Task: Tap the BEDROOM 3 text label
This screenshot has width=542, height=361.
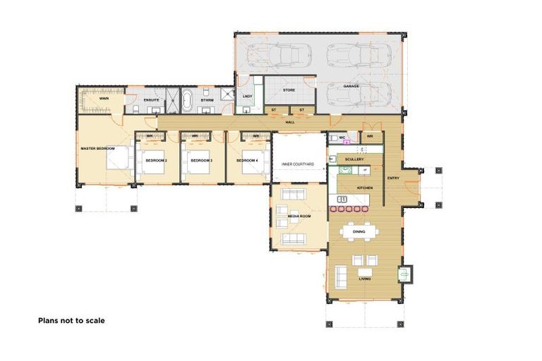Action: tap(201, 161)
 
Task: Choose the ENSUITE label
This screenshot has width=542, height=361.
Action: tap(151, 101)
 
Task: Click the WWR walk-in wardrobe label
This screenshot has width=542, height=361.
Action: tap(104, 99)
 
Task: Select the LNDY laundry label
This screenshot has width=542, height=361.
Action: tap(247, 96)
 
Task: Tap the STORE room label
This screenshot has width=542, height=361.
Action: tap(289, 90)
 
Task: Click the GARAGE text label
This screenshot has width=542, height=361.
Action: tap(351, 86)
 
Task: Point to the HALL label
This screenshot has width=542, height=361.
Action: tap(289, 122)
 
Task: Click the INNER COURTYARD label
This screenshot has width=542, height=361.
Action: tap(297, 164)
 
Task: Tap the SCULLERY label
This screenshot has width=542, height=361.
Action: tap(354, 159)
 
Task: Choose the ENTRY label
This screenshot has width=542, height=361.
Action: tap(393, 178)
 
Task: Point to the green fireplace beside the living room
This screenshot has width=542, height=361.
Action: tap(406, 274)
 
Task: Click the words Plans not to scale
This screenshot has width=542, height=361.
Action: tap(71, 320)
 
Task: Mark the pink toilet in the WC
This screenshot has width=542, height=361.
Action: tap(347, 142)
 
